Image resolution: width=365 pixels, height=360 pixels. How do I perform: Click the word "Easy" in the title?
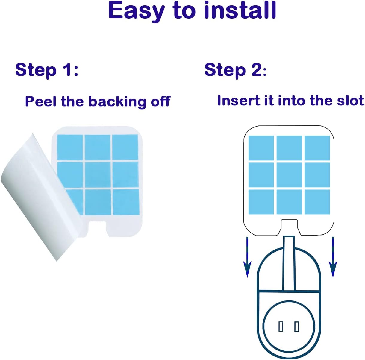pos(136,12)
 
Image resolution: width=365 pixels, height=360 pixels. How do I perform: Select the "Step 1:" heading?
pos(47,70)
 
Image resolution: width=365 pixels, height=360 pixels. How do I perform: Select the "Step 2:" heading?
pos(235,70)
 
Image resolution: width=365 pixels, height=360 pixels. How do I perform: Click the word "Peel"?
pos(41,101)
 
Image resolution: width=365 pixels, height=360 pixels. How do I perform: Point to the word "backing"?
pos(118,102)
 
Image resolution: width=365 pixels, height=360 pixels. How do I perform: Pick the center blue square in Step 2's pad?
pos(289,175)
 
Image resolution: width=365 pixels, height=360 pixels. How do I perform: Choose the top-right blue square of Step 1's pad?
pos(125,147)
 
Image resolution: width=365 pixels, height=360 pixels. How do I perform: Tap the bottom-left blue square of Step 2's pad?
pos(261,202)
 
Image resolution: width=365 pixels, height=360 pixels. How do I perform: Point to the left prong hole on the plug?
pos(281,327)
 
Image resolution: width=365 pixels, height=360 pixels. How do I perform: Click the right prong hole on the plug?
pos(297,327)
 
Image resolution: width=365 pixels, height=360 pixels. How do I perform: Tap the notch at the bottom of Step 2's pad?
pos(289,227)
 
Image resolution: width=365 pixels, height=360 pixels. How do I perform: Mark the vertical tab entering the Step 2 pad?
pos(289,263)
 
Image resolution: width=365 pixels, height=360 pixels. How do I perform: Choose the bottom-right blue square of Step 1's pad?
pos(126,202)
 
